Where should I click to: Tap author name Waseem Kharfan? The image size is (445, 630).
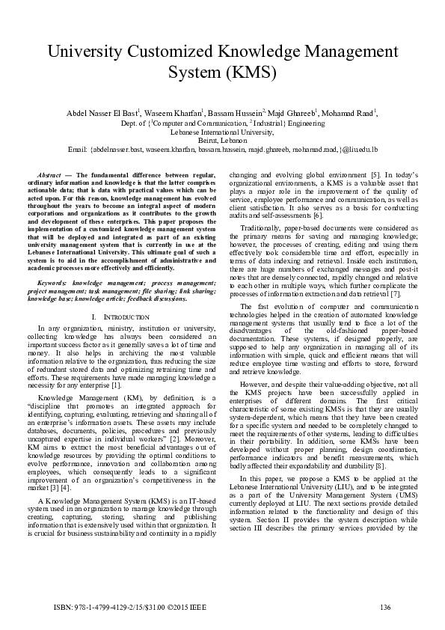coord(174,113)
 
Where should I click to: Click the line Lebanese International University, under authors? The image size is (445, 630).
coord(222,131)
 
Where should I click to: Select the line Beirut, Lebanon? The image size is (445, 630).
coord(222,140)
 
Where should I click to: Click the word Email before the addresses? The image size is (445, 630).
coord(77,150)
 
